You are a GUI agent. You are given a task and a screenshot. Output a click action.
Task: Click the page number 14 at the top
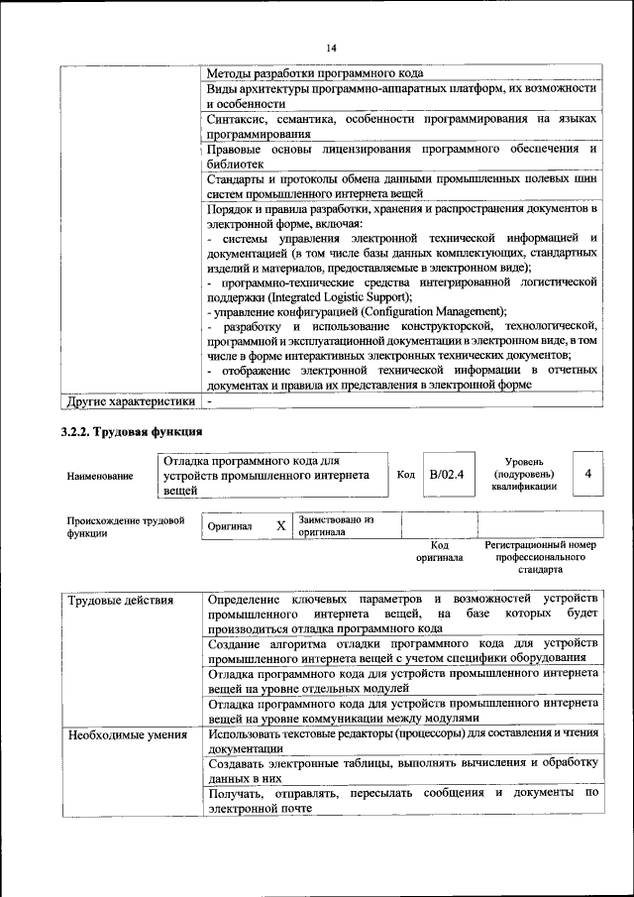coord(331,48)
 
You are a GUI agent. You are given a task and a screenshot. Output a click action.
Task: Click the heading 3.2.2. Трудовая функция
coord(132,432)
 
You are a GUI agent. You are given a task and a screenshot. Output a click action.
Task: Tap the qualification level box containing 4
coord(587,474)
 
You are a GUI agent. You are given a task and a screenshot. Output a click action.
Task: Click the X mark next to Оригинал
coord(281,525)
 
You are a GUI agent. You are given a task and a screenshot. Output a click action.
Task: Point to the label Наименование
coord(100,477)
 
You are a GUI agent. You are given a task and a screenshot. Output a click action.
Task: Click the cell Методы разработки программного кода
coord(316,73)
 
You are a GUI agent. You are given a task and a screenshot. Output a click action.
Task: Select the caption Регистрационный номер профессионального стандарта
coord(540,558)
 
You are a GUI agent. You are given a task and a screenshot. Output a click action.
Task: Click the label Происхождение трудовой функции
coord(126,525)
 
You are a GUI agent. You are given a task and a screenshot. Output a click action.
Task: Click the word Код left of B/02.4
coord(405,474)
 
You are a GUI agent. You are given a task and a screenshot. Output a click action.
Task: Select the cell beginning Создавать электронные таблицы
coord(402,769)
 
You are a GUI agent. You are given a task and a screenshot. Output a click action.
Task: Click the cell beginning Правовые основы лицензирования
coord(402,156)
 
